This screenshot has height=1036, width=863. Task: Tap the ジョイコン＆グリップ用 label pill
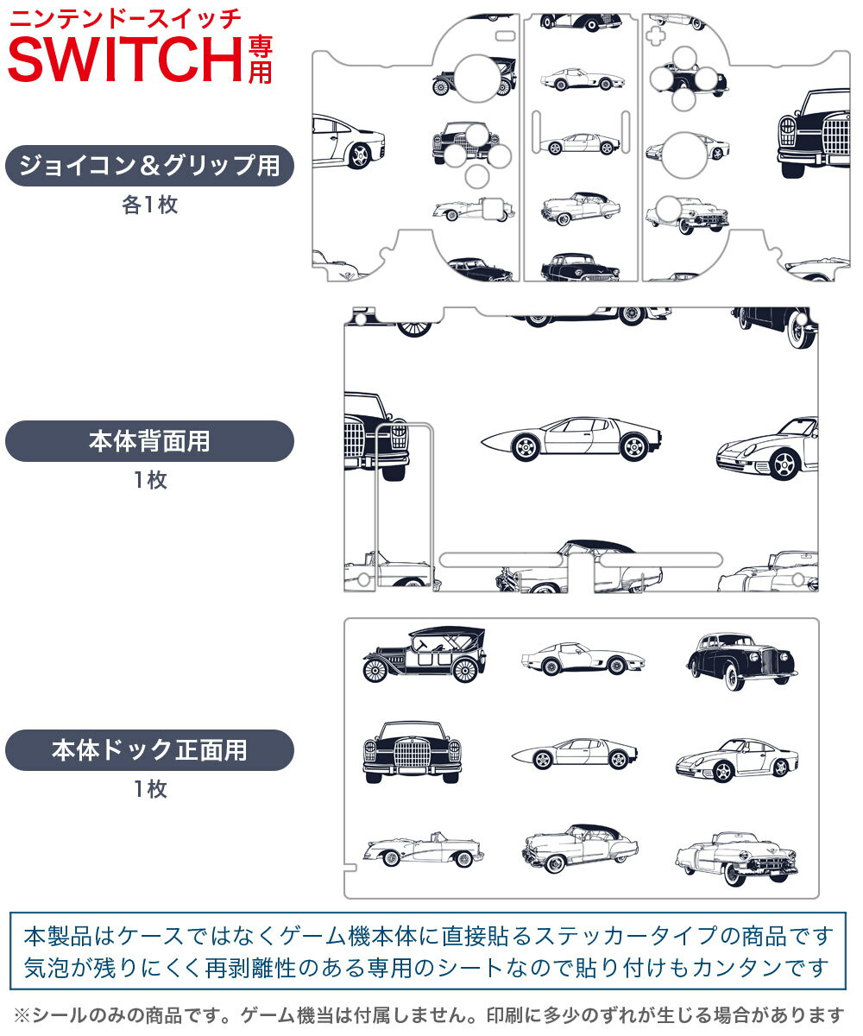pos(149,166)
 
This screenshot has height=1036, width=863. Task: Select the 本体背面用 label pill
pos(149,441)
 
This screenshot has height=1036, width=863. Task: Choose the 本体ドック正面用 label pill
pos(149,750)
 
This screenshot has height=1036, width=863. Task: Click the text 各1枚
pos(149,205)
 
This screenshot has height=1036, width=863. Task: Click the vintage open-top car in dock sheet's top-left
pos(424,655)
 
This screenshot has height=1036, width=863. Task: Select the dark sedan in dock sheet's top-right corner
pos(740,660)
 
